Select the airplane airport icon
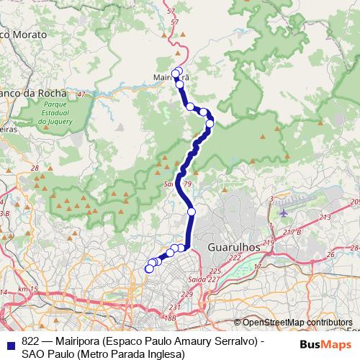283,212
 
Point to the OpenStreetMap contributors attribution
293,323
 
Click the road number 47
81,94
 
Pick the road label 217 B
291,231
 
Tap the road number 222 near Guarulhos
234,257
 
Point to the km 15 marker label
27,289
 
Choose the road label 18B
169,317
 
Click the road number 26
330,254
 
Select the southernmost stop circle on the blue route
150,269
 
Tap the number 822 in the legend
30,341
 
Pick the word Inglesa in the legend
166,354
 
